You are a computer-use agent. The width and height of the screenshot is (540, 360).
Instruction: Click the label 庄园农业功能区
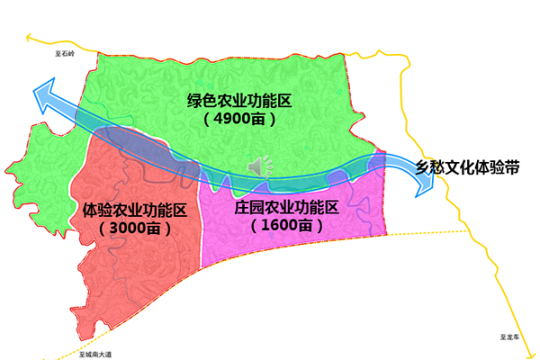(x=285, y=208)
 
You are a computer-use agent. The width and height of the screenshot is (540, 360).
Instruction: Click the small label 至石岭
(x=65, y=54)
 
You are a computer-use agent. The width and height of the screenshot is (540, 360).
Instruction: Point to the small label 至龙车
(x=511, y=335)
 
